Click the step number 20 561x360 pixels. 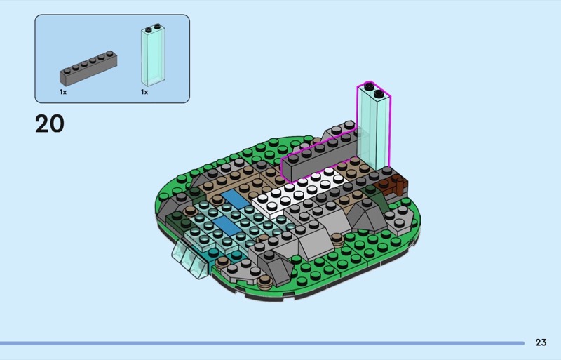pyautogui.click(x=50, y=124)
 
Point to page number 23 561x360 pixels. pyautogui.click(x=541, y=342)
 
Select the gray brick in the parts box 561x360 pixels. pyautogui.click(x=88, y=68)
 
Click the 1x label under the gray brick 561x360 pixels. pyautogui.click(x=63, y=92)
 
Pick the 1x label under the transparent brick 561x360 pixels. pyautogui.click(x=144, y=92)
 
